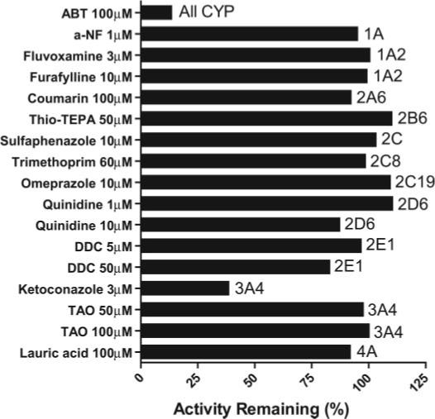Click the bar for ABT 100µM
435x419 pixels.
[156, 12]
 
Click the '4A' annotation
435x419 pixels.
[366, 352]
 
